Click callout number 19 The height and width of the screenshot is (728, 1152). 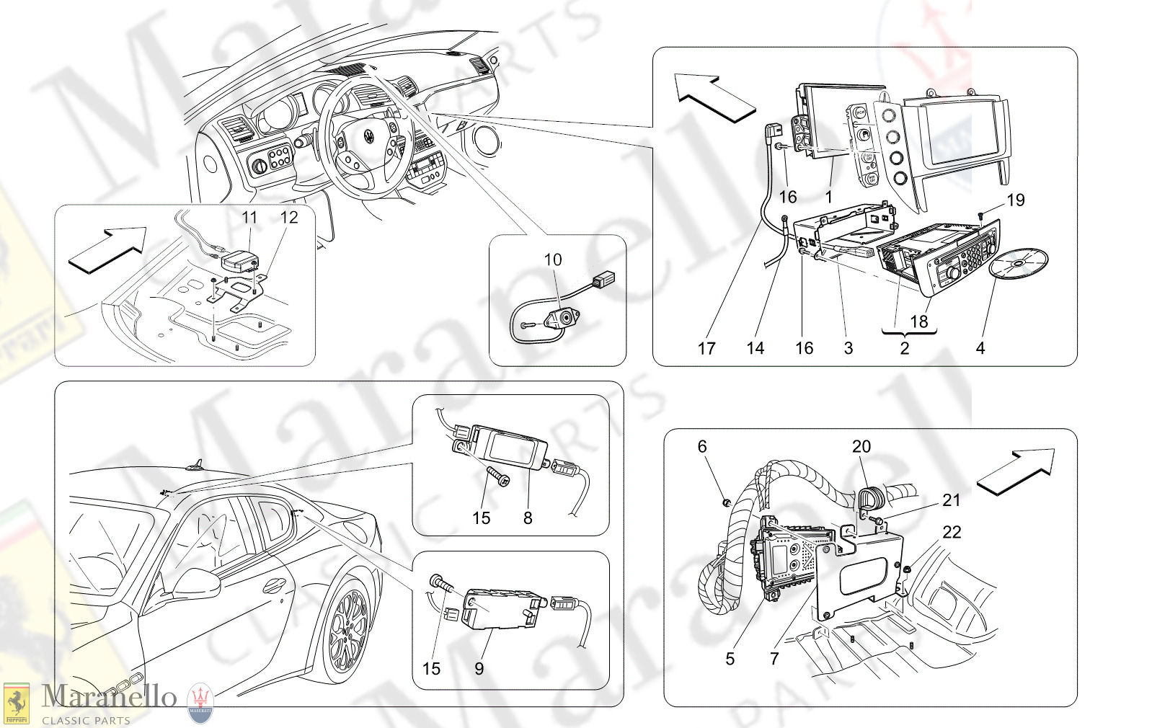pyautogui.click(x=1015, y=200)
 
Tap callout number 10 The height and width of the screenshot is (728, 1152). pyautogui.click(x=552, y=259)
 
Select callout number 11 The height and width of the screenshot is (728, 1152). pyautogui.click(x=249, y=217)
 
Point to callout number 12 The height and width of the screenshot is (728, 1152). pyautogui.click(x=288, y=217)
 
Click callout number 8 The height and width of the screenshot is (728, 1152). pyautogui.click(x=528, y=518)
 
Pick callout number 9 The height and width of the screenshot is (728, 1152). pyautogui.click(x=479, y=669)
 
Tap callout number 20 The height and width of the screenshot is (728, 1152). pyautogui.click(x=861, y=447)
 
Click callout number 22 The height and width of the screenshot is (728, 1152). pyautogui.click(x=952, y=532)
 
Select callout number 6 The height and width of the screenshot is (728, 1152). pyautogui.click(x=702, y=447)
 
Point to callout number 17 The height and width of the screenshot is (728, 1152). pyautogui.click(x=706, y=349)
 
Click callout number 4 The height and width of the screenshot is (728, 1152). pyautogui.click(x=980, y=349)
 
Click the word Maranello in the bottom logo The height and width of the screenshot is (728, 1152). pyautogui.click(x=109, y=696)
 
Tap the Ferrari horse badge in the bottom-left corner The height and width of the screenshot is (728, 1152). pyautogui.click(x=16, y=703)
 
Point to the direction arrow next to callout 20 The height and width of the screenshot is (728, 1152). pyautogui.click(x=1016, y=470)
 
